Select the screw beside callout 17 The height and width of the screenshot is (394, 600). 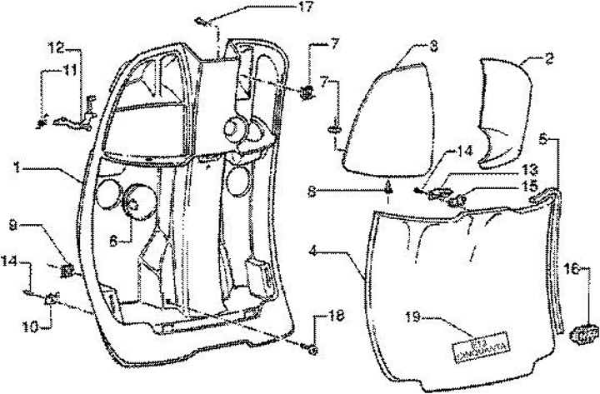pyautogui.click(x=202, y=20)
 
